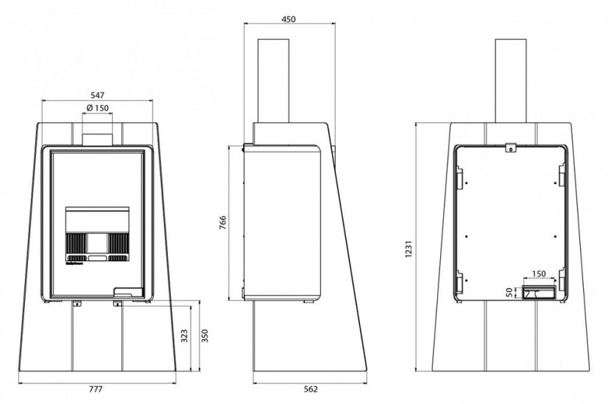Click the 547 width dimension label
click(97, 95)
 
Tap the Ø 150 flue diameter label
click(98, 108)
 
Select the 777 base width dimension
click(96, 389)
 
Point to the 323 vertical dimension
click(184, 336)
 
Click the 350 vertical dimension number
click(205, 336)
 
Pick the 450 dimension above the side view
click(288, 19)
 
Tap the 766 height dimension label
click(223, 223)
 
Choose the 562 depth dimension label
click(311, 389)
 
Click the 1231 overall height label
click(409, 249)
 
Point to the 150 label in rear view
click(539, 274)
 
